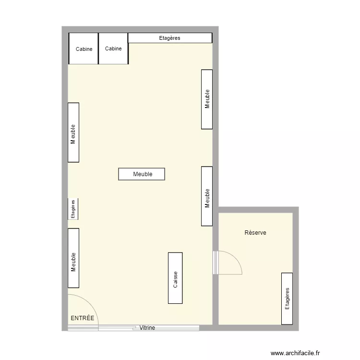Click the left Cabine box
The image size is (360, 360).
click(x=84, y=48)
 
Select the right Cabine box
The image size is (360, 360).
click(x=113, y=48)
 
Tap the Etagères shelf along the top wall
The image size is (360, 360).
click(x=170, y=38)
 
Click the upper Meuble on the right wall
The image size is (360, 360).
click(x=207, y=99)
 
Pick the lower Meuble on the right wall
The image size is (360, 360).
click(x=207, y=196)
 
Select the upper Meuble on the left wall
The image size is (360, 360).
click(x=73, y=132)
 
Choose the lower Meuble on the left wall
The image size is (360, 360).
click(x=73, y=258)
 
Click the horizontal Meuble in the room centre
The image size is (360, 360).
click(x=142, y=174)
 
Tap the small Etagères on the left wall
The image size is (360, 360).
click(x=73, y=209)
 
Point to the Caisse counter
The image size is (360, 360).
click(x=175, y=278)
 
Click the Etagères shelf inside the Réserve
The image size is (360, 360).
click(x=287, y=298)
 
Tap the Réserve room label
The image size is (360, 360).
click(x=255, y=233)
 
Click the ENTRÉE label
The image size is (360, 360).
click(x=83, y=318)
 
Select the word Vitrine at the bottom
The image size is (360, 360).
click(x=147, y=328)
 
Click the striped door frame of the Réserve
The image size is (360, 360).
click(x=216, y=263)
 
